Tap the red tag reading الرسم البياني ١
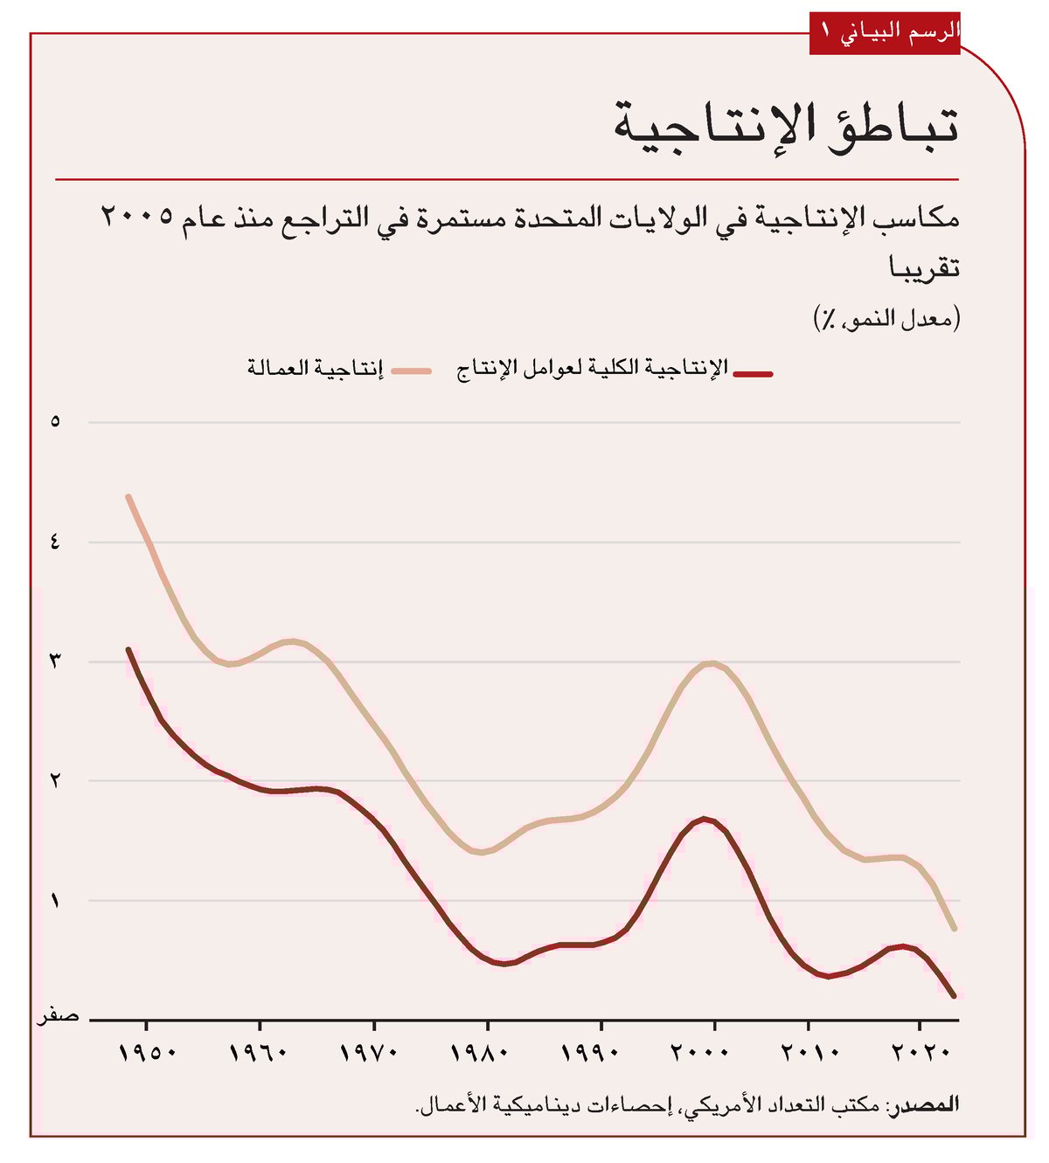885,32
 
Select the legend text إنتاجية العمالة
315,369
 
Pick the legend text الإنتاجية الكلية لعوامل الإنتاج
593,369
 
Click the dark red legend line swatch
753,374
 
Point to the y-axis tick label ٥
55,422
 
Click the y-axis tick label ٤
55,542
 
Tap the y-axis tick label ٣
55,661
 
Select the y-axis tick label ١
55,900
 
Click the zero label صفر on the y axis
58,1016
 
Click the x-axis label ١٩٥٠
147,1053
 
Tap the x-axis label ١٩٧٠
374,1053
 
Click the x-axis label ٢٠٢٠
920,1053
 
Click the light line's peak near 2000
711,663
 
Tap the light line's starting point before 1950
129,496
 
